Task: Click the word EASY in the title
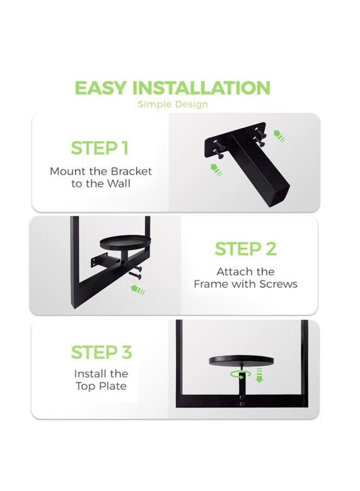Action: point(100,88)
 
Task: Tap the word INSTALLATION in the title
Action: point(201,88)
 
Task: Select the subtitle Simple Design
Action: point(173,104)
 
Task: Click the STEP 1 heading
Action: point(100,148)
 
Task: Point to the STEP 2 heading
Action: point(246,249)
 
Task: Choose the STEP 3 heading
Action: point(101,352)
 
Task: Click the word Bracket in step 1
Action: point(131,171)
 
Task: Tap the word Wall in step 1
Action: point(119,183)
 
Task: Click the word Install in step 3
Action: point(88,374)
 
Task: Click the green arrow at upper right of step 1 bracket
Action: point(279,136)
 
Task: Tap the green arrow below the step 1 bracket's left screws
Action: point(217,170)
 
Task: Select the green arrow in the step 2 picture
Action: point(137,289)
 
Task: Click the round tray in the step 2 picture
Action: point(125,242)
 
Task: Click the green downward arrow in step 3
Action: point(259,375)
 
